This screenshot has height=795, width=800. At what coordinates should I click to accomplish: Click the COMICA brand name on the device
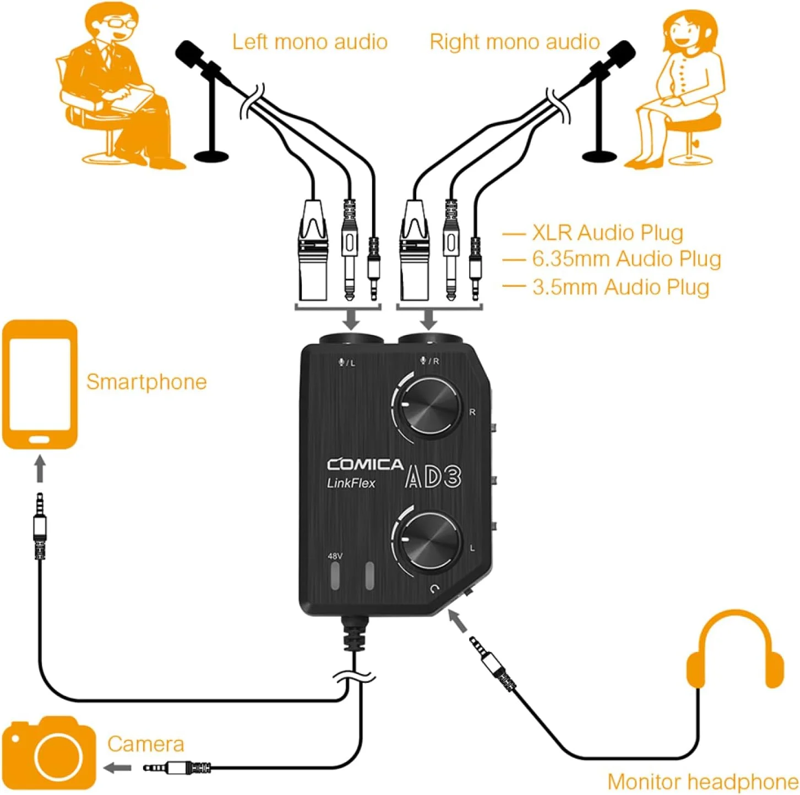point(365,465)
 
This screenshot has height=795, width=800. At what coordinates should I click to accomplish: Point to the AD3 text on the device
point(433,477)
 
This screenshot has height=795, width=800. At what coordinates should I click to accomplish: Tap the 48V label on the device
point(335,556)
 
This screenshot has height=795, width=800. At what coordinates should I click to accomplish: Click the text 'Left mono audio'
point(309,42)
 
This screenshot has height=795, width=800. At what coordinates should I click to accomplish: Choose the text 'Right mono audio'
point(514,42)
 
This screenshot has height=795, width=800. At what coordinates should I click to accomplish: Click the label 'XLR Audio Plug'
point(607,233)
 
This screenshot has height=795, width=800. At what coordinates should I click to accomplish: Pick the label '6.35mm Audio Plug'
point(626,259)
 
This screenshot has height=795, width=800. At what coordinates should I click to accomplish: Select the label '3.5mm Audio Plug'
point(621,287)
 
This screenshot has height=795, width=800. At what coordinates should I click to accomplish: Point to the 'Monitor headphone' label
point(703,782)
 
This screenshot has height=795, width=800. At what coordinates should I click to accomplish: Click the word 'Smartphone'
point(146,382)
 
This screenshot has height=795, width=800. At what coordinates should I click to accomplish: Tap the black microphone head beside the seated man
point(189,53)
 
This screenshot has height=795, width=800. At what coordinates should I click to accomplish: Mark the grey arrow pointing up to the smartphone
point(40,468)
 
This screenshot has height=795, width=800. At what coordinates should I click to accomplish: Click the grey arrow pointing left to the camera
point(118,767)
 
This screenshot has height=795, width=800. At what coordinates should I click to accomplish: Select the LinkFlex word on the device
point(351,483)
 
